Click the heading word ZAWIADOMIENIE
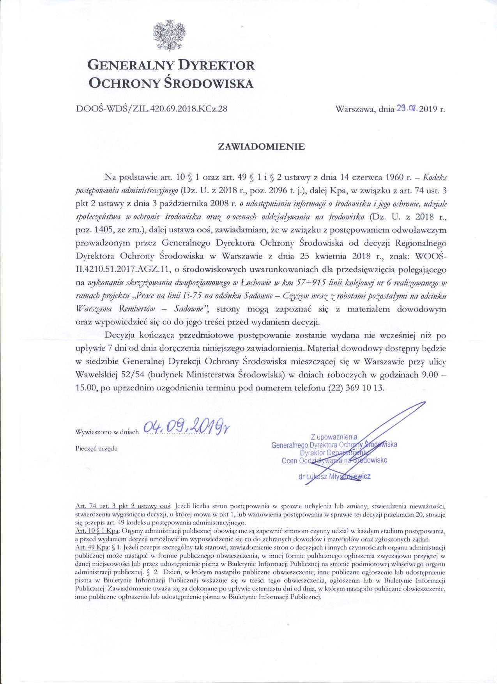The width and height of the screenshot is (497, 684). (261, 147)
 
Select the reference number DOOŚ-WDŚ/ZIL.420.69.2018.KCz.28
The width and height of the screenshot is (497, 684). (151, 109)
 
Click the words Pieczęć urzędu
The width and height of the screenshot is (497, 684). (96, 448)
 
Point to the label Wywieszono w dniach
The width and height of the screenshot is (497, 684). (107, 432)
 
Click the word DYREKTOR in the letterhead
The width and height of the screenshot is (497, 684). (216, 65)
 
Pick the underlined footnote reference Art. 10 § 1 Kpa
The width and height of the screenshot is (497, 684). (97, 531)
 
